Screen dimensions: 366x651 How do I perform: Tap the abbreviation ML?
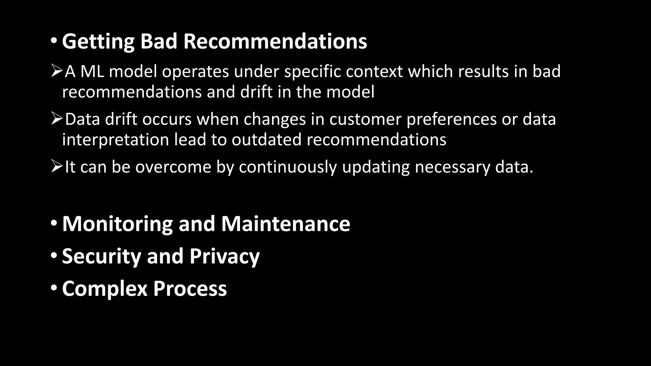coord(92,71)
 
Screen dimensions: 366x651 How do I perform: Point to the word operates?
coord(195,71)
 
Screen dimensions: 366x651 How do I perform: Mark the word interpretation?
coord(115,139)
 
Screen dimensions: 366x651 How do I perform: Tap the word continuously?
coord(288,167)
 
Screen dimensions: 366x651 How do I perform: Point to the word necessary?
coord(452,167)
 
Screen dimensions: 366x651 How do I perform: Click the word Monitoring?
coord(117,224)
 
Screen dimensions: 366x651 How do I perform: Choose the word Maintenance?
coord(285,224)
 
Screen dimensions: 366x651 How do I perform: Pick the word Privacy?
coord(224,256)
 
